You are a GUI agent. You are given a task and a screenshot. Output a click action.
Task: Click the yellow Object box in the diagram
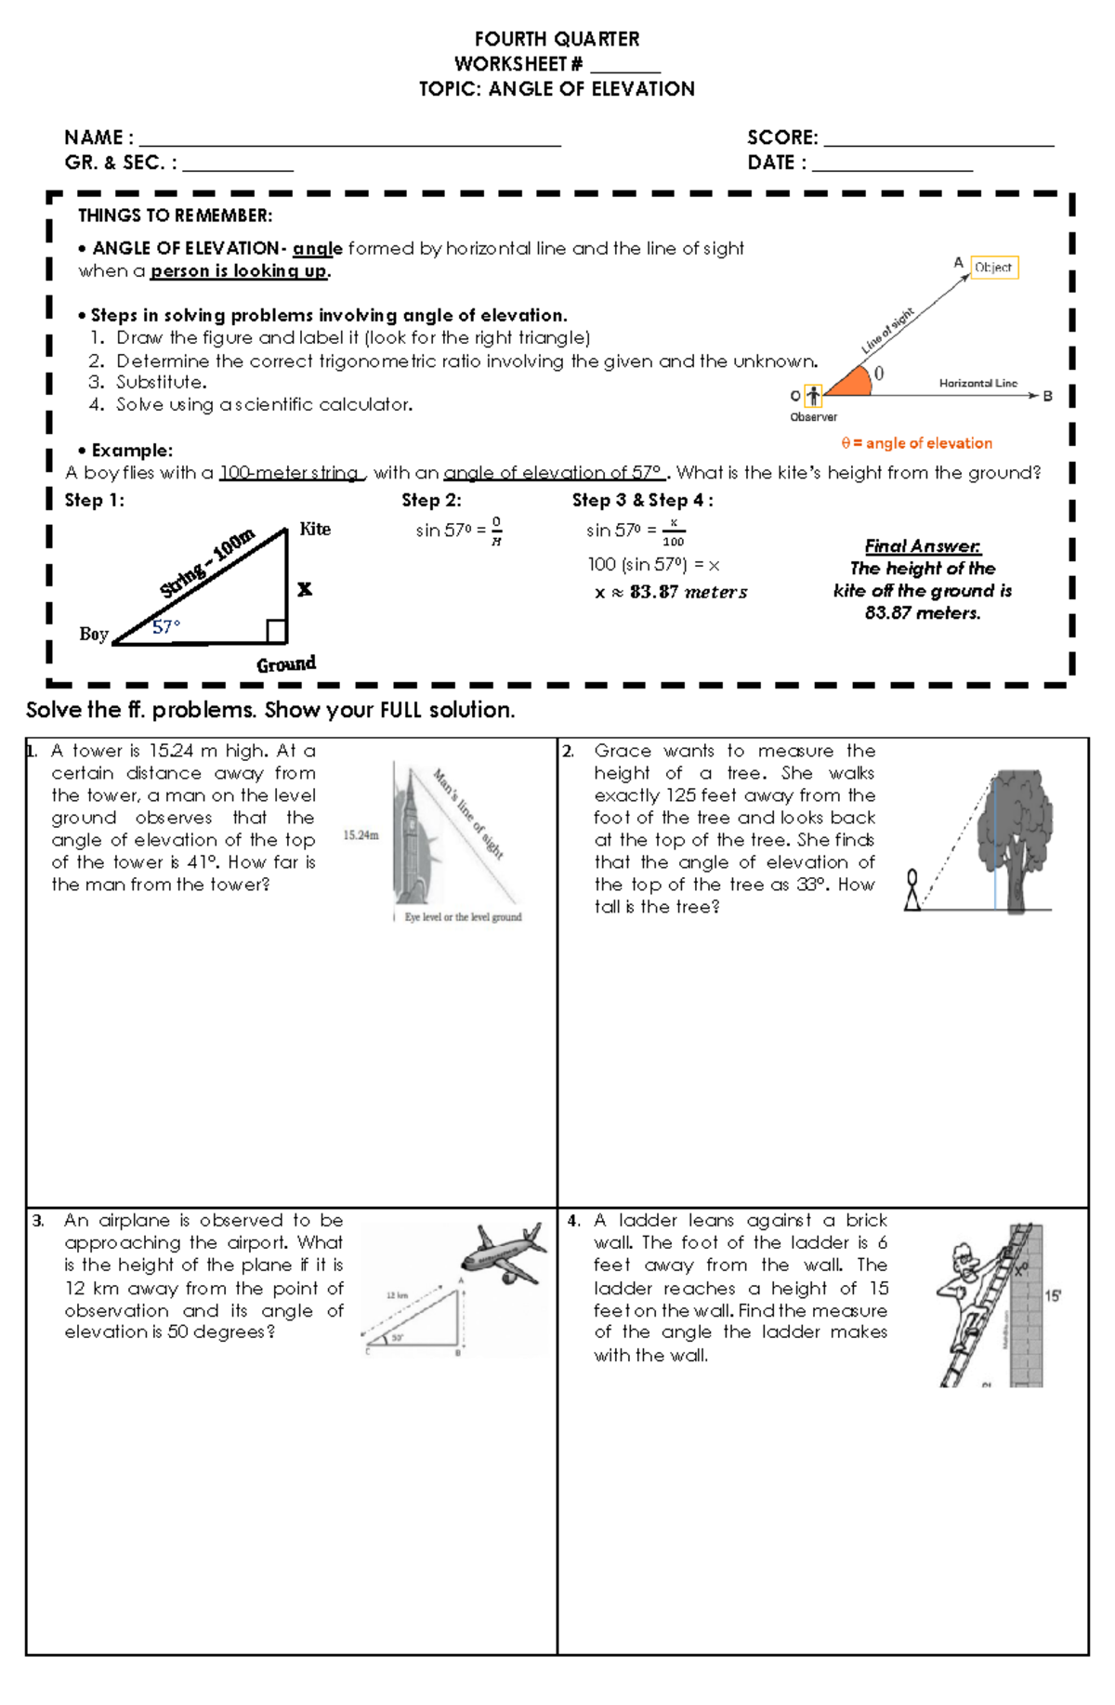993,268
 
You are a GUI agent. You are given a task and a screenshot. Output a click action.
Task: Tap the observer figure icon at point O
813,396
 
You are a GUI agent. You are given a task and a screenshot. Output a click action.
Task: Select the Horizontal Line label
977,383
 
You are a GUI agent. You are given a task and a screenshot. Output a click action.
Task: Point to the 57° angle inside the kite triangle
166,627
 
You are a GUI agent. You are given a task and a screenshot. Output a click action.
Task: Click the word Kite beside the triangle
315,529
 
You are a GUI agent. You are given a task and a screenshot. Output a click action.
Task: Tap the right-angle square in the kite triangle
276,632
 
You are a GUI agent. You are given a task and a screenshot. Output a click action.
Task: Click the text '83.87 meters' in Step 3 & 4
688,592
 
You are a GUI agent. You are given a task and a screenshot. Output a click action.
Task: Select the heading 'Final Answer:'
922,546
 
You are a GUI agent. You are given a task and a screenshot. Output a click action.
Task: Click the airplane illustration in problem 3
503,1254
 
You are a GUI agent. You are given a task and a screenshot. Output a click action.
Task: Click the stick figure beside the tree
912,889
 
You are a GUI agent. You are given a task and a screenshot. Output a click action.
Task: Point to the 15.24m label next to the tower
361,835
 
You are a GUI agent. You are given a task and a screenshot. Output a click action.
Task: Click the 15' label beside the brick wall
1053,1295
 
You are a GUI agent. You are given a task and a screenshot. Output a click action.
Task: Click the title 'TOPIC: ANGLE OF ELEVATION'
557,89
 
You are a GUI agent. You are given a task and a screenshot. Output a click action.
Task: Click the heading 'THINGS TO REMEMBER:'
175,216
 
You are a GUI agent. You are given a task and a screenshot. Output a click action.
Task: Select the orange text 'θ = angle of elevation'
916,443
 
